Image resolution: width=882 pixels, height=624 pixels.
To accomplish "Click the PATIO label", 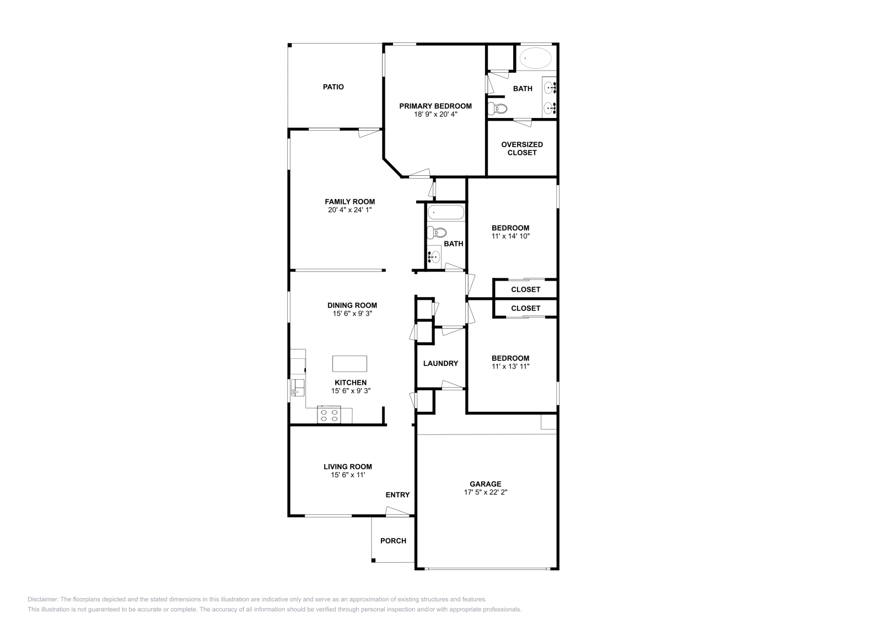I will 333,87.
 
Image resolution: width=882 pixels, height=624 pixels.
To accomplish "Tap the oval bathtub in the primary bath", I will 536,58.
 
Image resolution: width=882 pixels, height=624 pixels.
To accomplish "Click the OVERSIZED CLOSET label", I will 522,148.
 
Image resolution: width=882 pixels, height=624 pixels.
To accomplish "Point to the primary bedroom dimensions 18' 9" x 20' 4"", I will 435,115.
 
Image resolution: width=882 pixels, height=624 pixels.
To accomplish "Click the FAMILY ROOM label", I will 349,202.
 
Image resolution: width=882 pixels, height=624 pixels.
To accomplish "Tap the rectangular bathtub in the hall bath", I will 446,213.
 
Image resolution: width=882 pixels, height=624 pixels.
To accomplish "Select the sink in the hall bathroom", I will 435,256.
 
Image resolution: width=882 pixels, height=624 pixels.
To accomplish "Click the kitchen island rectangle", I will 349,364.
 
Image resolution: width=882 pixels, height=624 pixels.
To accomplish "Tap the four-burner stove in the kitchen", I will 329,415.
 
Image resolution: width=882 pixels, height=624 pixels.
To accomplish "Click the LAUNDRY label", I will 440,363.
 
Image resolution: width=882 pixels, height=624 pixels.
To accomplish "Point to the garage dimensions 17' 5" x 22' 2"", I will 485,492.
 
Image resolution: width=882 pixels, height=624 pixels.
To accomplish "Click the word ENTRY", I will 397,495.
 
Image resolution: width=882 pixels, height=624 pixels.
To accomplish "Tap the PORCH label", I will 393,541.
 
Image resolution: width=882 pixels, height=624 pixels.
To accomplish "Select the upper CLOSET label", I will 525,289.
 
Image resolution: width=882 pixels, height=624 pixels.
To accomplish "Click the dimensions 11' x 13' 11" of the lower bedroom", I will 510,366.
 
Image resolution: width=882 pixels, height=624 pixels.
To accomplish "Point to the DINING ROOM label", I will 352,305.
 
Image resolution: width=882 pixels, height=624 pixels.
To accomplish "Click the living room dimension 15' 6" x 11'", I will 348,475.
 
